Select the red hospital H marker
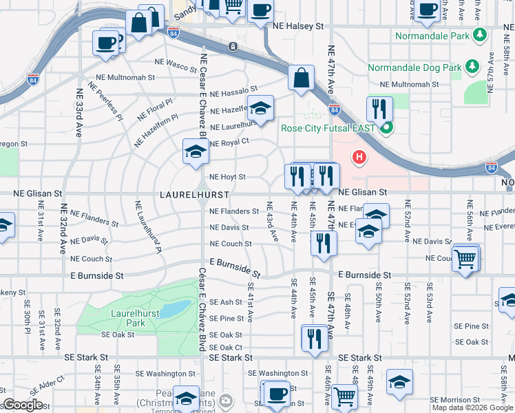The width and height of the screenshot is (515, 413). click(x=359, y=158)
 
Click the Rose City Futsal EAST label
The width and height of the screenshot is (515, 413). click(x=328, y=128)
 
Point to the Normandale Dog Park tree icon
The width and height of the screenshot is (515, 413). click(x=472, y=67)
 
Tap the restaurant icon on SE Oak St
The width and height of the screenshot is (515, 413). click(x=315, y=337)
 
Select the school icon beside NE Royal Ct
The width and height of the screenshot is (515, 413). click(x=196, y=150)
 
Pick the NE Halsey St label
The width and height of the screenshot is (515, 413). click(x=300, y=26)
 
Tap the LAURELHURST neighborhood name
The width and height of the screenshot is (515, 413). click(x=194, y=195)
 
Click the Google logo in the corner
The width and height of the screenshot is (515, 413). click(x=23, y=405)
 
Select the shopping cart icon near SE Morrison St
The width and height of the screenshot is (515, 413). click(x=344, y=396)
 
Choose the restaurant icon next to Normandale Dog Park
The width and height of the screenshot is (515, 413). click(x=379, y=108)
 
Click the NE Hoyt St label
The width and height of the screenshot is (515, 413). click(x=227, y=177)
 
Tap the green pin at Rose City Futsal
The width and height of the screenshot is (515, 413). click(x=386, y=127)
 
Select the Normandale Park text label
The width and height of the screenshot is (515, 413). click(x=433, y=34)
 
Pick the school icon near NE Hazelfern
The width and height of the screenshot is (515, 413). click(x=260, y=107)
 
